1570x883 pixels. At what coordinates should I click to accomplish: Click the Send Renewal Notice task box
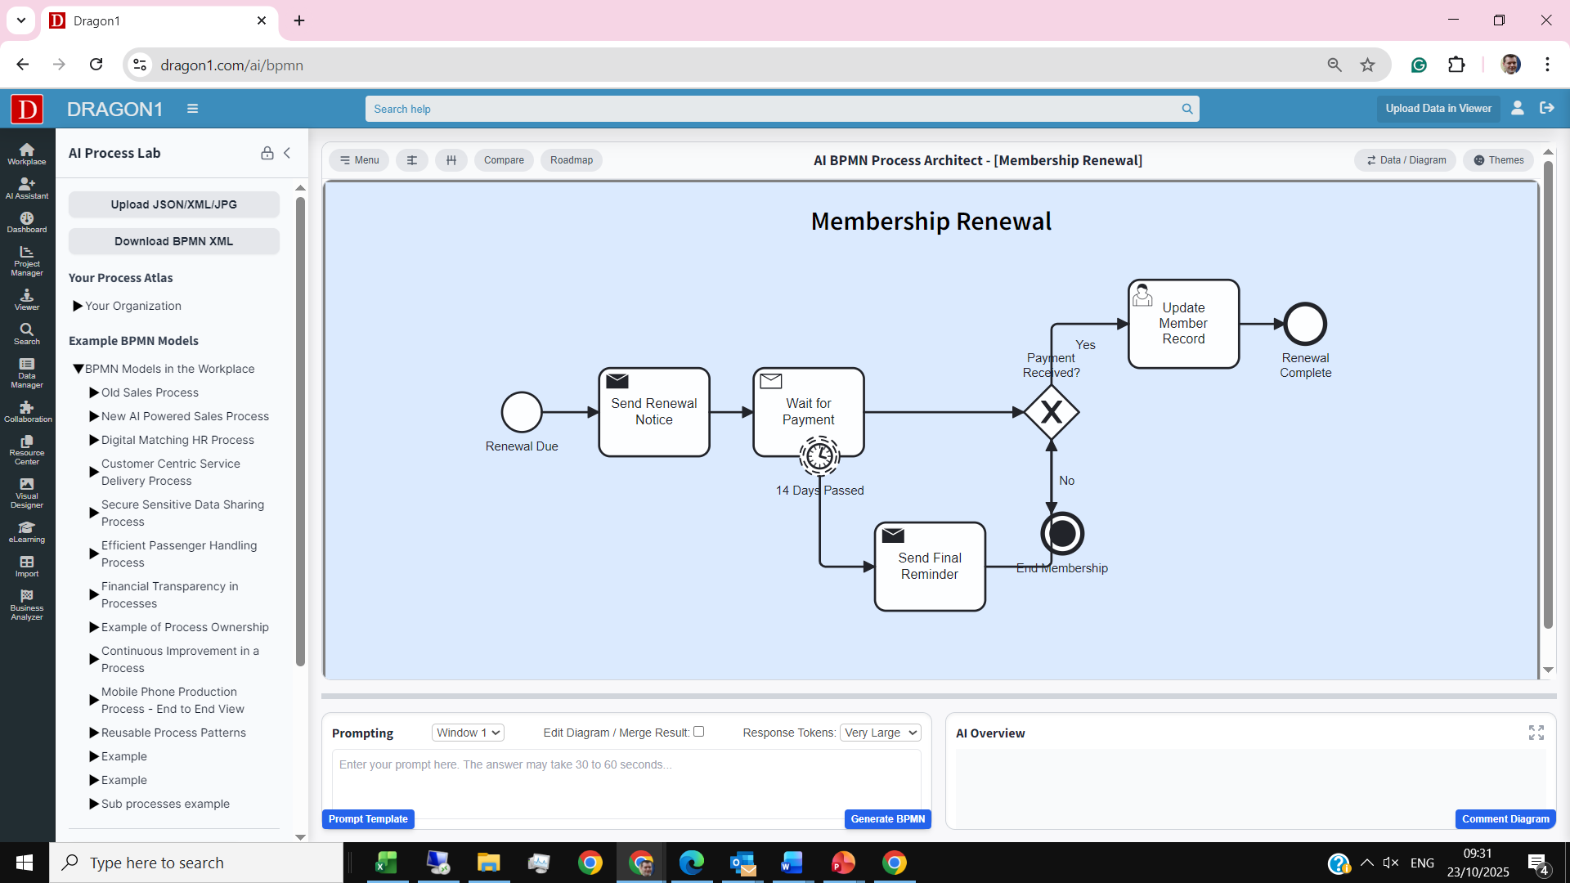tap(653, 412)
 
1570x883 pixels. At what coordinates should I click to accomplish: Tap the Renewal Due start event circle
tap(522, 412)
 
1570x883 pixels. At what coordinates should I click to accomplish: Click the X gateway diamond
tap(1052, 412)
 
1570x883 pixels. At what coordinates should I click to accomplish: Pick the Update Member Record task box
tap(1183, 324)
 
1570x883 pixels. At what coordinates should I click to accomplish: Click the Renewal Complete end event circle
tap(1305, 325)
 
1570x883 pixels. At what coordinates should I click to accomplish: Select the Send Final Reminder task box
tap(930, 567)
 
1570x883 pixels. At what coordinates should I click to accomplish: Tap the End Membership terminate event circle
tap(1062, 534)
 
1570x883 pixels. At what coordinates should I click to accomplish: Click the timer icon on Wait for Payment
tap(819, 455)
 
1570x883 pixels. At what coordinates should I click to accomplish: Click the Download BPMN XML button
tap(173, 241)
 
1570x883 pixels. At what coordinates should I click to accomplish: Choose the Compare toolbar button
tap(504, 160)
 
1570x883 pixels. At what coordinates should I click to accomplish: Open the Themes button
tap(1499, 160)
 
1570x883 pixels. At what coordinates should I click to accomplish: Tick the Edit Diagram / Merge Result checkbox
tap(699, 732)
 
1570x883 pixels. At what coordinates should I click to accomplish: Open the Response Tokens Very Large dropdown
tap(880, 733)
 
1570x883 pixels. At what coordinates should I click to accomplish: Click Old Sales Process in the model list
tap(150, 392)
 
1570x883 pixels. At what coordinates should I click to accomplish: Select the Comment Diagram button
tap(1505, 819)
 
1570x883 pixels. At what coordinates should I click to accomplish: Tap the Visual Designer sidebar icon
tap(27, 492)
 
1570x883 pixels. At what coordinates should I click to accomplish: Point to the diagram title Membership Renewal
tap(931, 222)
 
